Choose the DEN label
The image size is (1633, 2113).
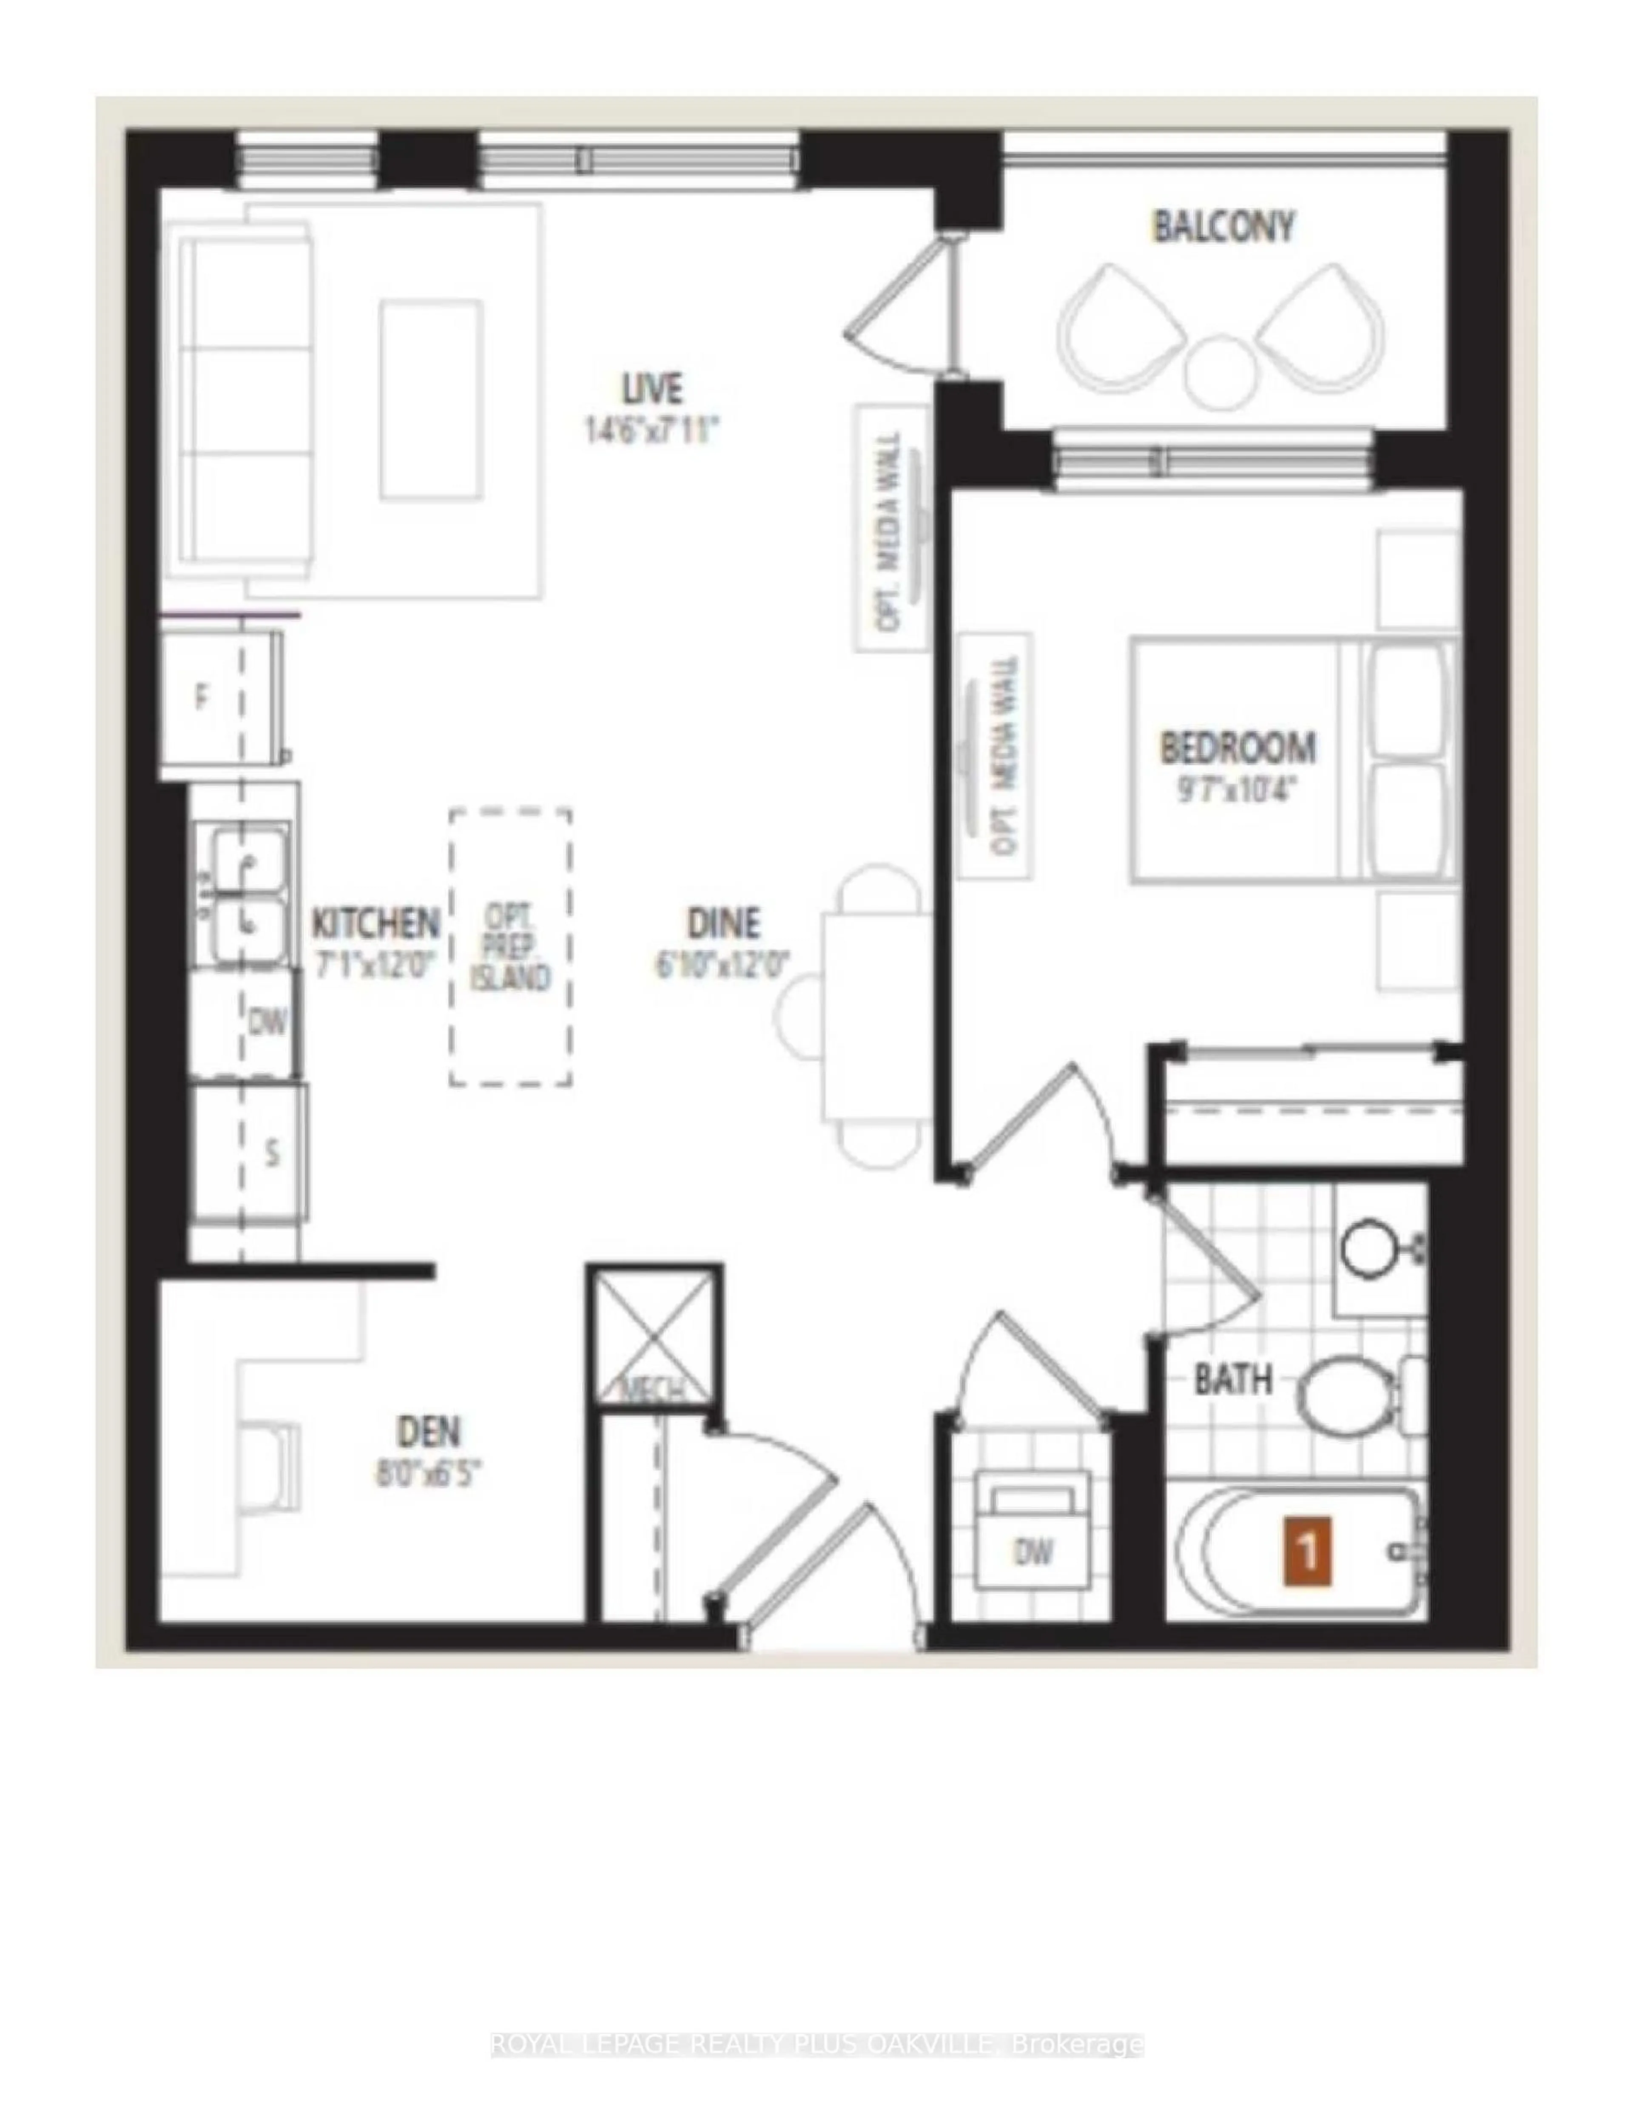(x=429, y=1430)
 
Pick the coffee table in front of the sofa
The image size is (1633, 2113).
(x=432, y=399)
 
